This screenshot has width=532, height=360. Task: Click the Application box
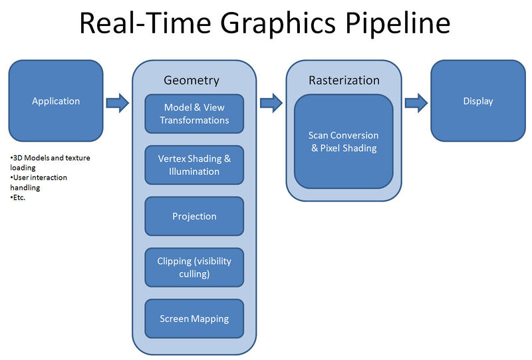click(56, 101)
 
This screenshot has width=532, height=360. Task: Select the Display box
click(477, 101)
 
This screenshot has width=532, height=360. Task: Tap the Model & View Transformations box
click(194, 114)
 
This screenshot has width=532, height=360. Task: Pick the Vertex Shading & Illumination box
click(194, 165)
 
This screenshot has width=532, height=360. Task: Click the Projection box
click(194, 216)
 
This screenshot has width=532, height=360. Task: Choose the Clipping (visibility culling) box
click(194, 268)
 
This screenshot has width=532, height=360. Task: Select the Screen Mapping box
click(194, 319)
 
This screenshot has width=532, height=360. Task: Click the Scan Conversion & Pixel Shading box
click(343, 142)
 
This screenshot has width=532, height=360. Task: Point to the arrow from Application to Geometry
click(117, 102)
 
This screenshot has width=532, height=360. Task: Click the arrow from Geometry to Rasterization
click(271, 102)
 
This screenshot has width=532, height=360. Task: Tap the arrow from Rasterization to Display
click(416, 102)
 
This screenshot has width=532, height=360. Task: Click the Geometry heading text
click(192, 81)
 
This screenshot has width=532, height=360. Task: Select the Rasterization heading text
click(344, 81)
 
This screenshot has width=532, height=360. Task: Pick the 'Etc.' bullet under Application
click(19, 198)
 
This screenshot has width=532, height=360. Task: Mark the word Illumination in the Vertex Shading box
click(194, 172)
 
